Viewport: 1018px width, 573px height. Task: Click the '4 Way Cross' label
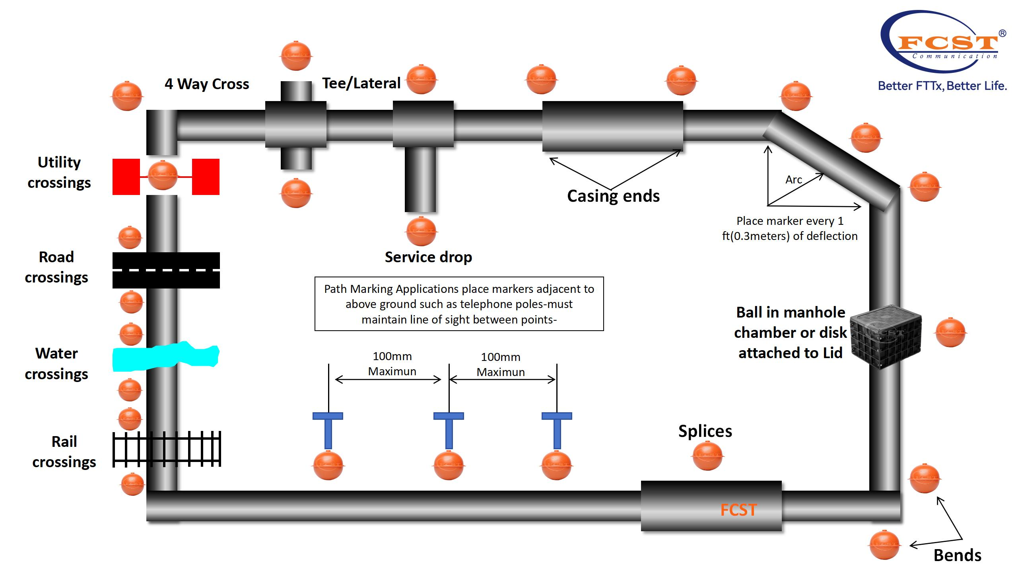pos(207,84)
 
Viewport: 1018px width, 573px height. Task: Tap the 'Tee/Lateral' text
pos(361,83)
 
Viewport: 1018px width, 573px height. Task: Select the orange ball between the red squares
pos(163,175)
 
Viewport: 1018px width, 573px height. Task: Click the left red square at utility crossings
pos(126,177)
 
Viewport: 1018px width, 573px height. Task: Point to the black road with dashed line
pos(166,270)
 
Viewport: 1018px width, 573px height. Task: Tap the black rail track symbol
pos(167,449)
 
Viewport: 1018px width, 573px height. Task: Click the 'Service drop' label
pos(428,257)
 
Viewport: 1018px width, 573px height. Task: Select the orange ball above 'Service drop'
pos(421,231)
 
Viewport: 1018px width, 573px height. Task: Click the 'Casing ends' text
pos(613,196)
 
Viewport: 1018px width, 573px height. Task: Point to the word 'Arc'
pos(793,180)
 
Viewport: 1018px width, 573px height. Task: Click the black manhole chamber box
pos(885,336)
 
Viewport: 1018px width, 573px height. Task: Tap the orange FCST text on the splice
pos(738,510)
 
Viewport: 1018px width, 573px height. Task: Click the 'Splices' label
pos(705,431)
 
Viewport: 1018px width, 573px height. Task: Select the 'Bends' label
pos(957,555)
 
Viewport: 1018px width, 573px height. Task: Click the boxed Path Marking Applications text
pos(459,304)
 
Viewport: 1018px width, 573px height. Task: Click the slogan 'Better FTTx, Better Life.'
pos(942,86)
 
